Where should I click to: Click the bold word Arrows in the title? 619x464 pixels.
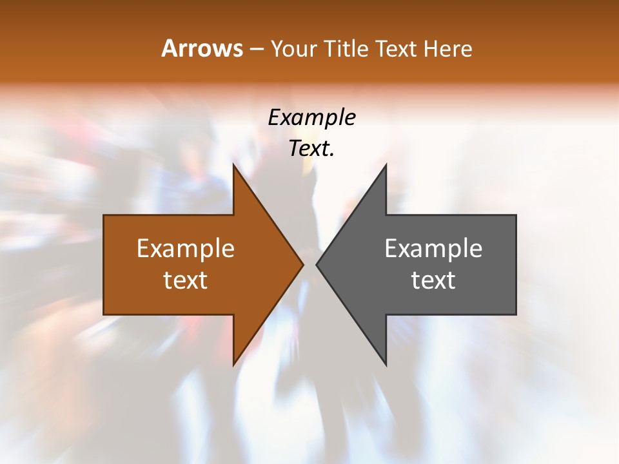tap(202, 48)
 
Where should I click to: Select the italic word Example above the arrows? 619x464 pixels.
tap(311, 118)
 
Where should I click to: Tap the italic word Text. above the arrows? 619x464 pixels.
tap(311, 149)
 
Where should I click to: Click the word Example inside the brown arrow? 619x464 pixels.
tap(186, 249)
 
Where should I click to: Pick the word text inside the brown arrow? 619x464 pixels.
tap(186, 280)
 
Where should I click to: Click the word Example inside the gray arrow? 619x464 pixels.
tap(433, 249)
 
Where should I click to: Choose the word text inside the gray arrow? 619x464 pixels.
tap(433, 280)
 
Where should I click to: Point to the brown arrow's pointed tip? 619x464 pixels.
tap(303, 264)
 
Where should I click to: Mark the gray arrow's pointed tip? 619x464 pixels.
tap(316, 264)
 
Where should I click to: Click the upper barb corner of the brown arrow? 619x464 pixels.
tap(233, 165)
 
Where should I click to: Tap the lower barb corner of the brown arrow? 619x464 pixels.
tap(233, 364)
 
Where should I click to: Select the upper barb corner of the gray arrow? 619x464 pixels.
tap(386, 165)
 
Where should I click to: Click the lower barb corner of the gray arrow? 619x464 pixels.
tap(386, 364)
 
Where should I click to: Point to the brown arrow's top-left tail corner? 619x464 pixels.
tap(104, 215)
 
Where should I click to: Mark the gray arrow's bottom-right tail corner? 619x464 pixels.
tap(516, 314)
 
